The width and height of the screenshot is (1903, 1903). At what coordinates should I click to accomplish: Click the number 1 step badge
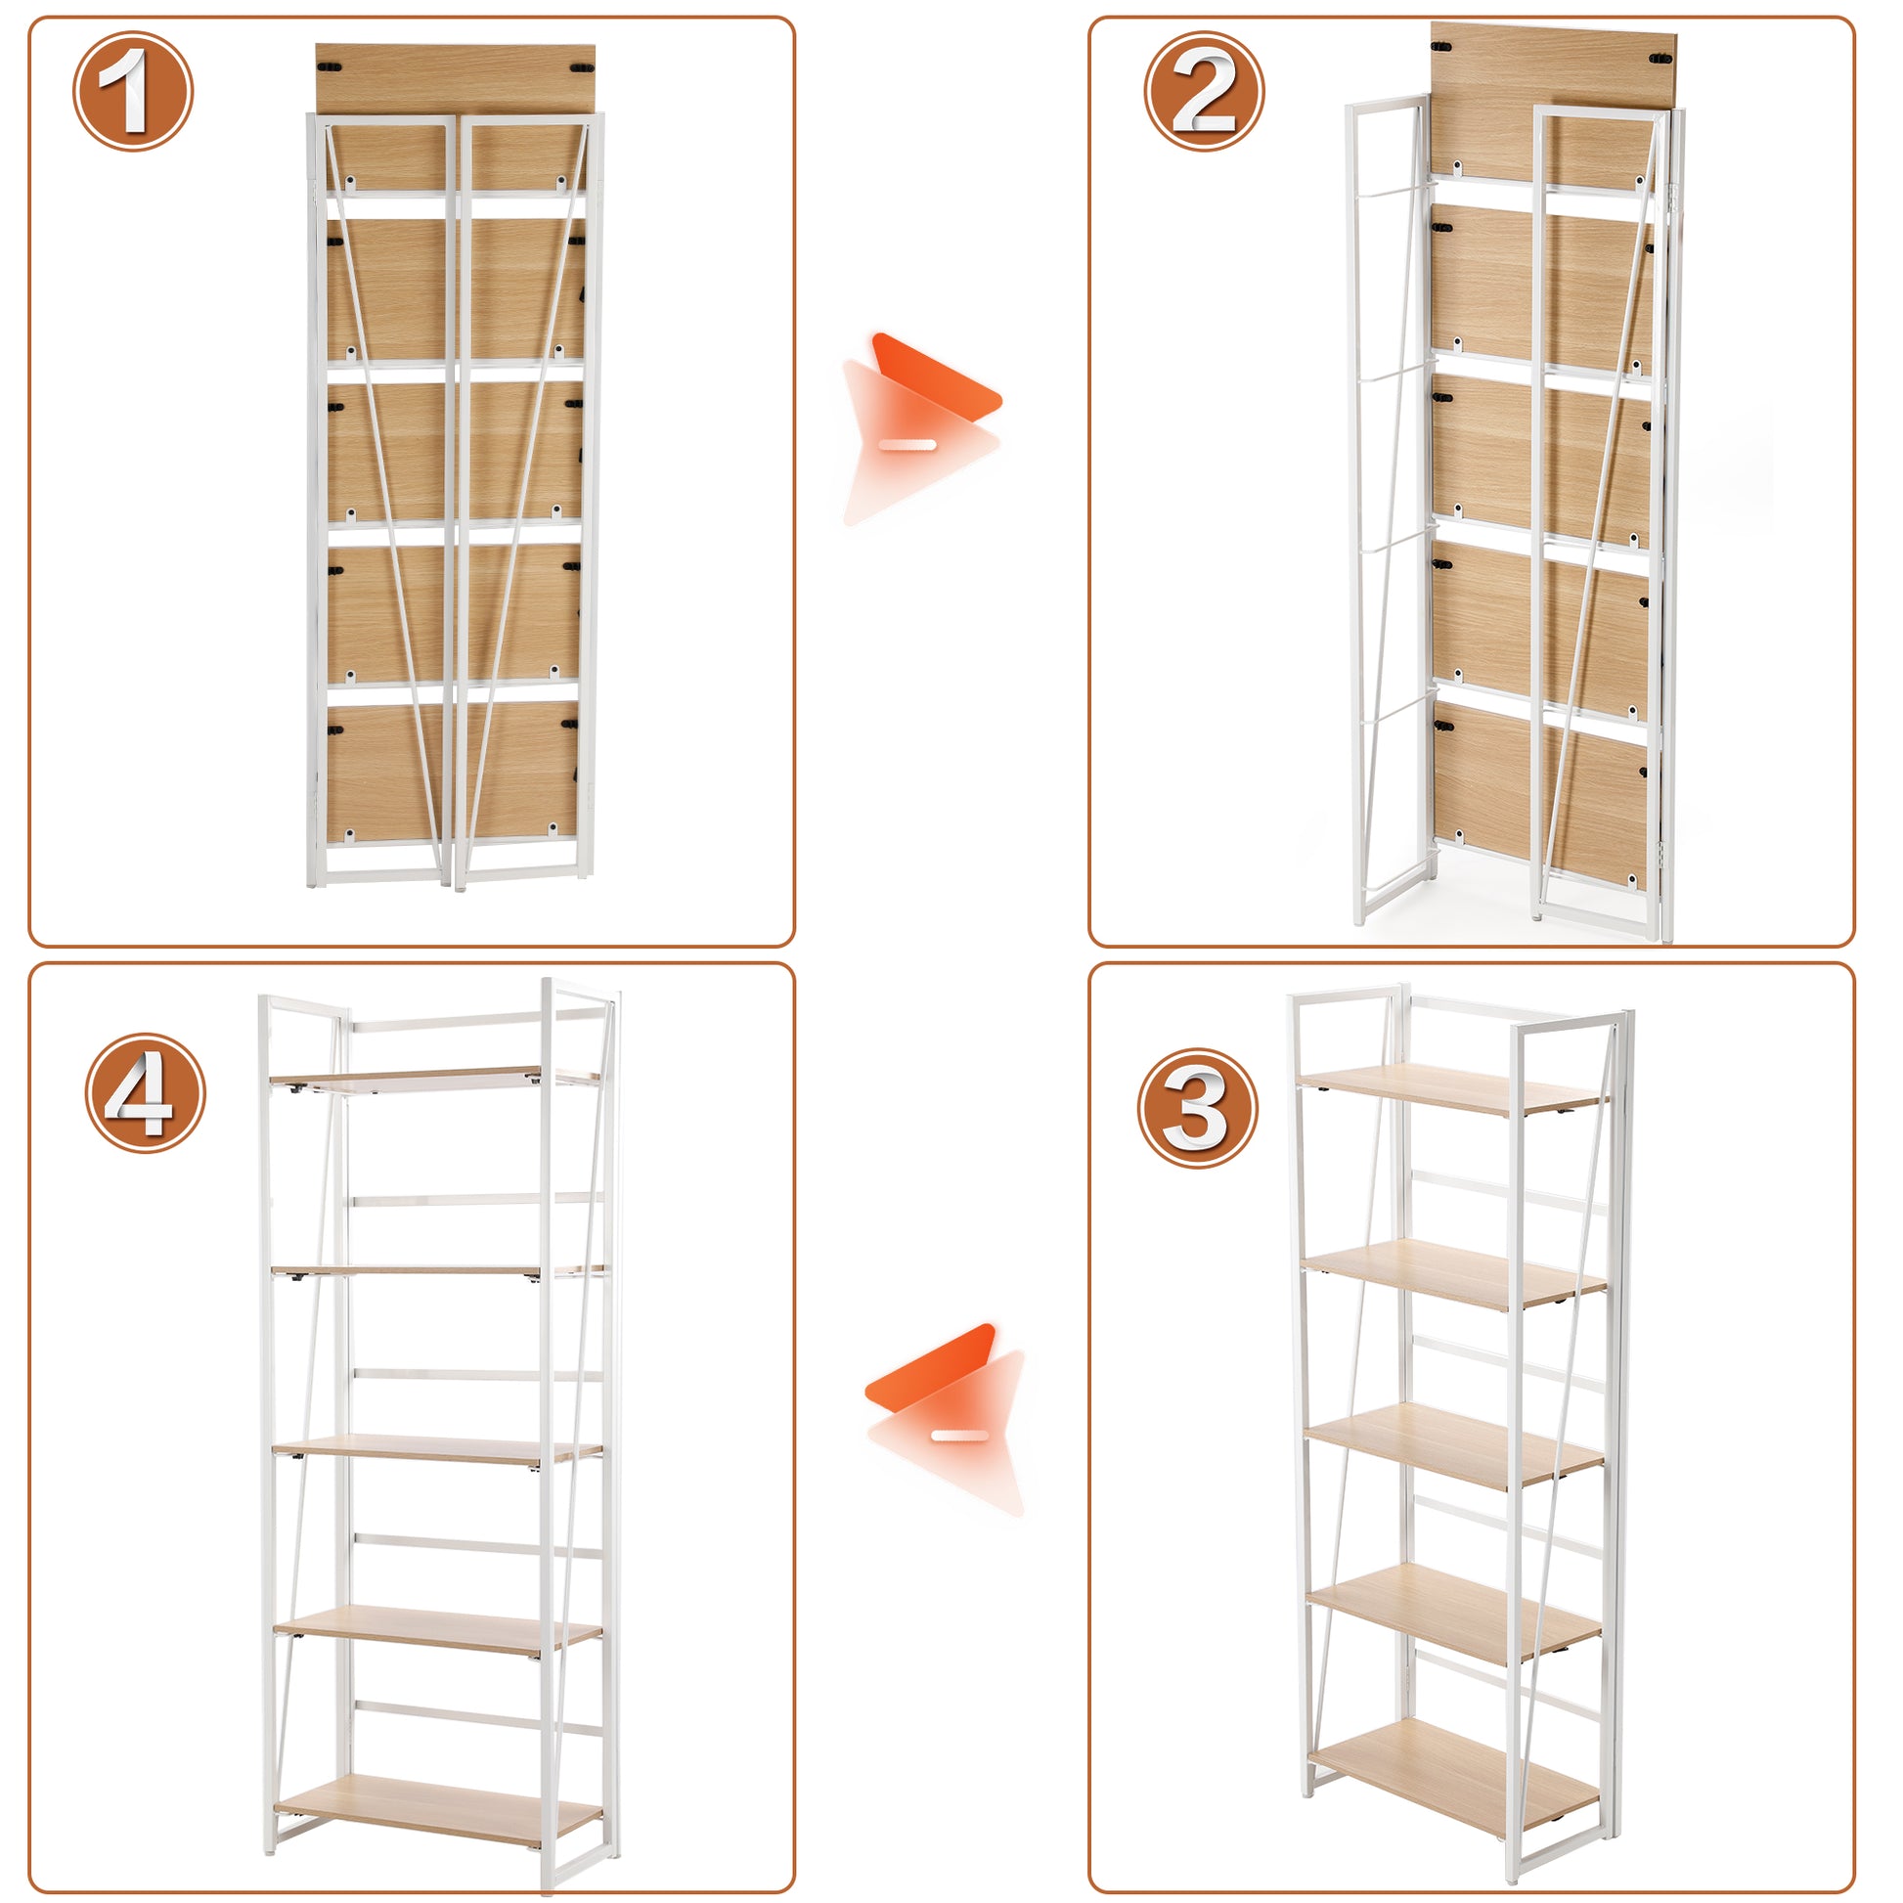[x=133, y=92]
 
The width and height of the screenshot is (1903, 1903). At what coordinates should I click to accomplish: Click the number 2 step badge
[x=1204, y=92]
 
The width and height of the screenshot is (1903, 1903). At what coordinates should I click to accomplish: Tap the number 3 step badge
[x=1198, y=1108]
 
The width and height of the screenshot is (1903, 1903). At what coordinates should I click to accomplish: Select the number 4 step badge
[x=145, y=1092]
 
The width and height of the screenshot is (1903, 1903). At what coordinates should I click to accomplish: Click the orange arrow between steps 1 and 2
[x=921, y=428]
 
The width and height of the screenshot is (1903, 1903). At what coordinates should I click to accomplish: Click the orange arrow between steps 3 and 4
[x=946, y=1419]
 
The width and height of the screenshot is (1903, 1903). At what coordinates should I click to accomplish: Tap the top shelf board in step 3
[x=1452, y=1089]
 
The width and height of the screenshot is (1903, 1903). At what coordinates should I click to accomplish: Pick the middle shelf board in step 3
[x=1454, y=1446]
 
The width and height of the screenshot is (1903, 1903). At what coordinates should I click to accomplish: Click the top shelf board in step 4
[x=435, y=1079]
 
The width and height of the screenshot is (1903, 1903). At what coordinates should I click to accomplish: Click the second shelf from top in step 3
[x=1454, y=1275]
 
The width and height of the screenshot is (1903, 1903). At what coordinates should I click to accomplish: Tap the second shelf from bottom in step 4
[x=438, y=1629]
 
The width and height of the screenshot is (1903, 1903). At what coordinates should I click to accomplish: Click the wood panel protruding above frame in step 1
[x=455, y=79]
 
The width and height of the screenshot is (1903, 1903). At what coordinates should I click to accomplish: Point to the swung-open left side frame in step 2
[x=1386, y=512]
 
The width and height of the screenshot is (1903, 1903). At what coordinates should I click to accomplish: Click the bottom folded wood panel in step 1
[x=453, y=769]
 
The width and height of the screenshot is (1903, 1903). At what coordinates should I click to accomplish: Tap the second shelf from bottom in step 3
[x=1454, y=1614]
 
